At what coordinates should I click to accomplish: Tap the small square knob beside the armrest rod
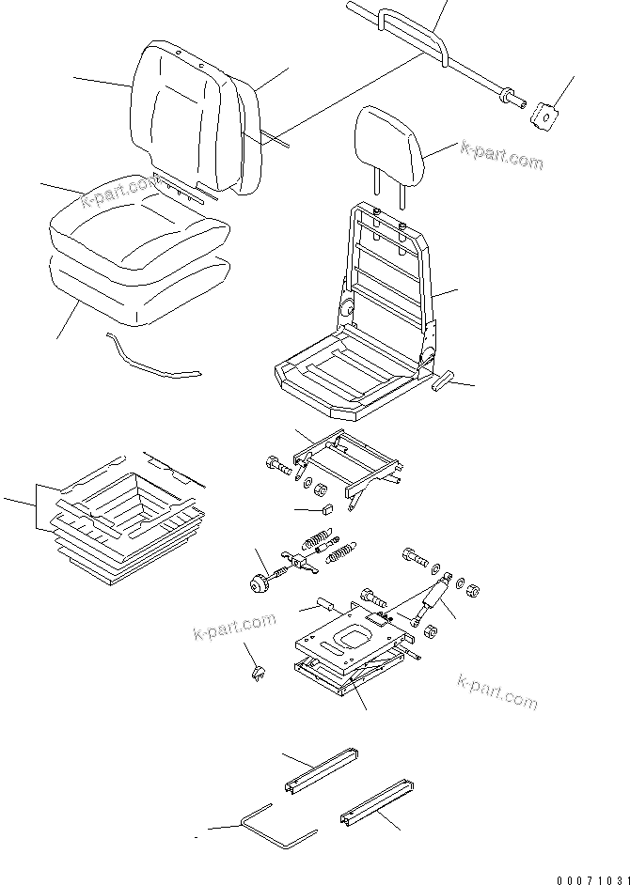(x=543, y=115)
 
